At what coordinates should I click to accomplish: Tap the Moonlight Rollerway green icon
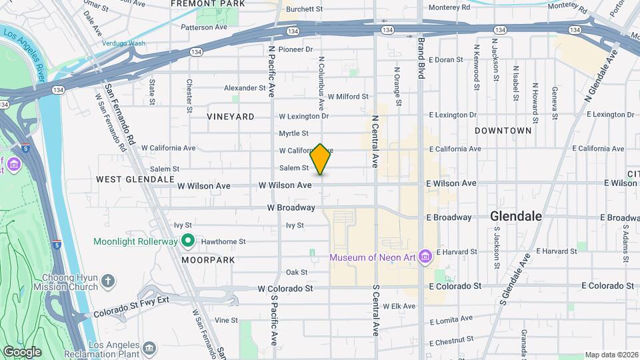(188, 241)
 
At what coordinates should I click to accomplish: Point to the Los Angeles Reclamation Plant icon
(149, 347)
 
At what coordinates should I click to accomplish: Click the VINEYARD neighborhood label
(231, 117)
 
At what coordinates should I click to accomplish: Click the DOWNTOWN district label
(503, 131)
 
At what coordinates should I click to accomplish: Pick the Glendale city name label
(516, 216)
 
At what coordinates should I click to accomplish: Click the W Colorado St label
(285, 289)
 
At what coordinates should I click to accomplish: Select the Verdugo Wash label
(123, 43)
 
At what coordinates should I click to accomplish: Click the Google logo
(22, 351)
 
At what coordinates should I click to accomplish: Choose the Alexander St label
(245, 88)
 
